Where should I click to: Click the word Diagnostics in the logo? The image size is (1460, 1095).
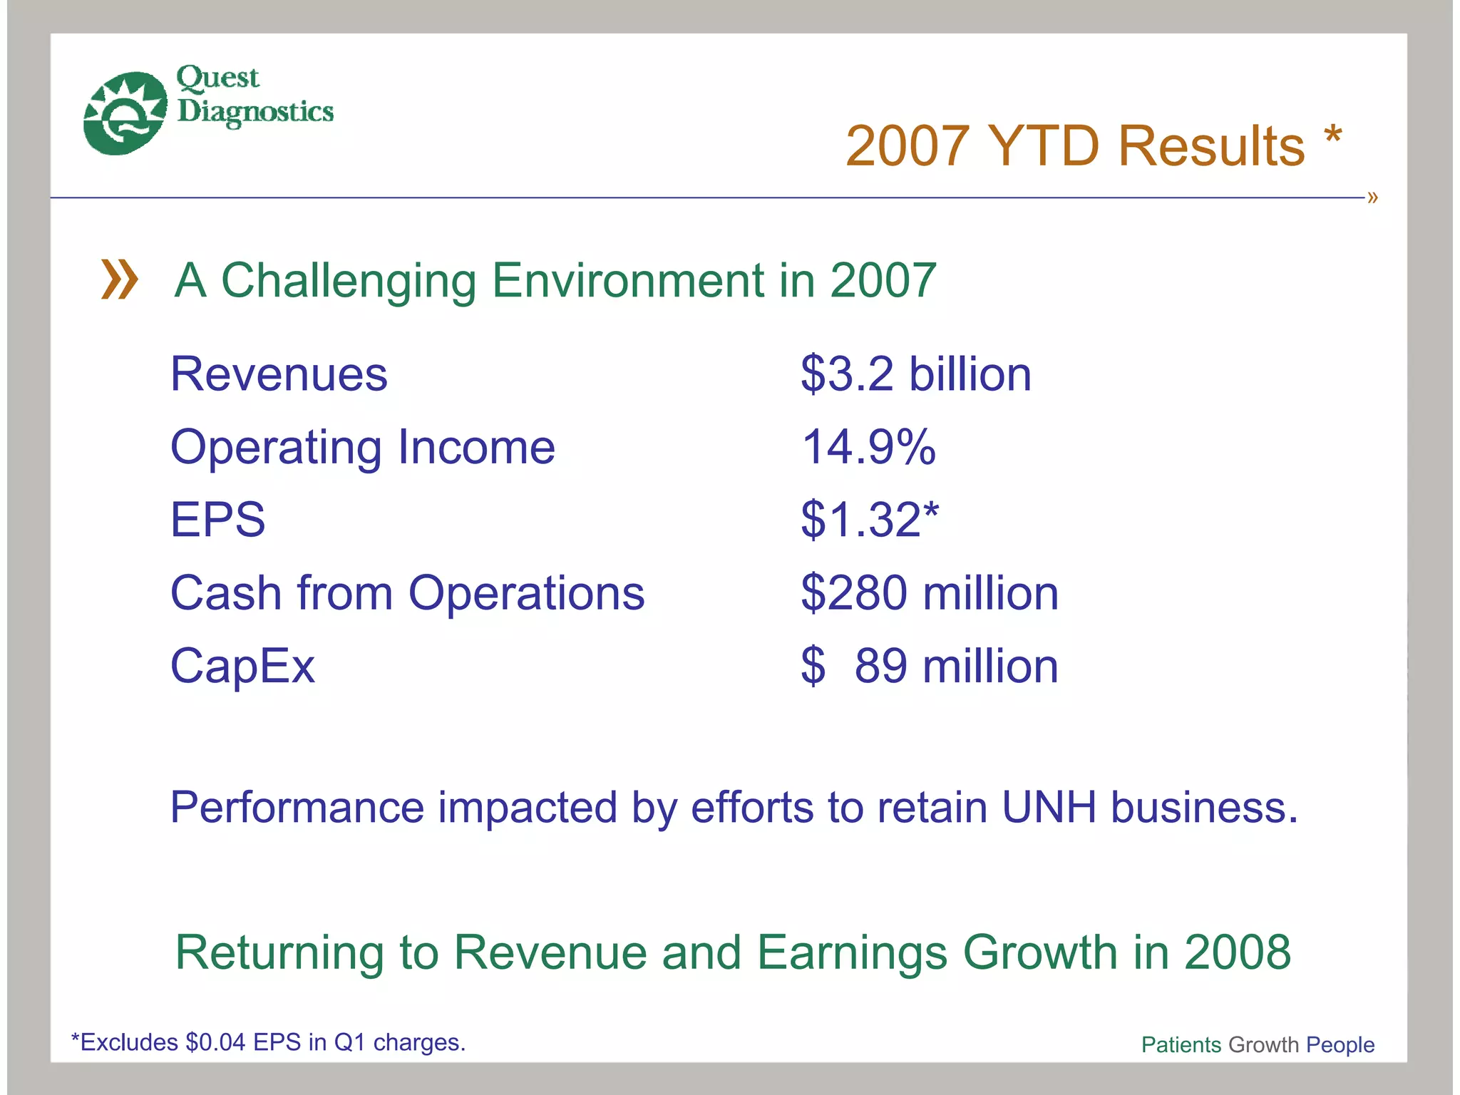point(255,112)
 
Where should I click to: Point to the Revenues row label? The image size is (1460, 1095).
point(279,374)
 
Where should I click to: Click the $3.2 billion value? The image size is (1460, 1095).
point(915,374)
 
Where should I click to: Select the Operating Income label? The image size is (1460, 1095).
point(362,448)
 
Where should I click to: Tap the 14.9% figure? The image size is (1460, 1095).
point(868,448)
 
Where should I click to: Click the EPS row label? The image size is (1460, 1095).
point(217,520)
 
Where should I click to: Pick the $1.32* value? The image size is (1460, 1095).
point(870,520)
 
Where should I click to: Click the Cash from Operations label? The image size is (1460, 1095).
point(407,593)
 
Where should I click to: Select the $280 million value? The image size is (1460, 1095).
point(929,593)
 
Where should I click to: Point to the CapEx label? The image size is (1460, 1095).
point(242,666)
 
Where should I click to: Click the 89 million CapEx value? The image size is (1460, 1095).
point(955,666)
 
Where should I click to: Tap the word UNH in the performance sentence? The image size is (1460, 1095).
point(1049,807)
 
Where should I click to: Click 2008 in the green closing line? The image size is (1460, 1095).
point(1237,952)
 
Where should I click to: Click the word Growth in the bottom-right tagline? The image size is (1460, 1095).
point(1263,1044)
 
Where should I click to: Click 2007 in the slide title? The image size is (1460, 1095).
point(908,146)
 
